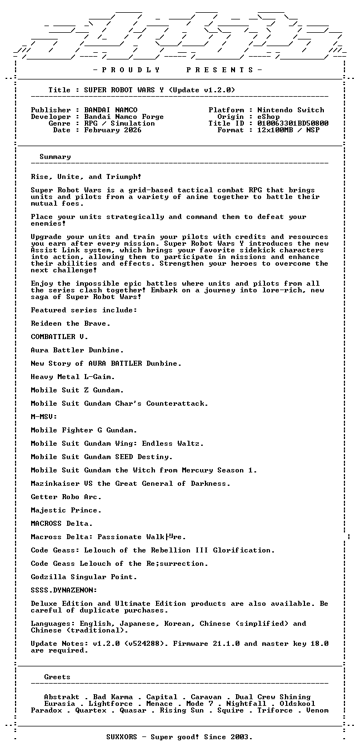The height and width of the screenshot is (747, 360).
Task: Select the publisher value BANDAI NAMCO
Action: [111, 110]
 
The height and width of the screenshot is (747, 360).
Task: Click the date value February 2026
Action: [113, 130]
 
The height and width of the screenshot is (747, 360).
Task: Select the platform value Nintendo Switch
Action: [291, 110]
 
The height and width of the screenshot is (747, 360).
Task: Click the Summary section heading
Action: [55, 157]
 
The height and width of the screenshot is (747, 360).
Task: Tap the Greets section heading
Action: [57, 677]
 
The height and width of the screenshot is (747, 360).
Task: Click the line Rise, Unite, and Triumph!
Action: [86, 177]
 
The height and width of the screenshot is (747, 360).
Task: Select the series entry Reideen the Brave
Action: [71, 323]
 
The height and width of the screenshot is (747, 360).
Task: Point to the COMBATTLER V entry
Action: [59, 337]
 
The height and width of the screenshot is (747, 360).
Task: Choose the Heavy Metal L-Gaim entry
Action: [73, 377]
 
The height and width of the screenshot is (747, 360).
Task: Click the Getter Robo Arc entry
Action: [66, 497]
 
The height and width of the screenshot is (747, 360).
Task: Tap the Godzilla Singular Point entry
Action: [84, 577]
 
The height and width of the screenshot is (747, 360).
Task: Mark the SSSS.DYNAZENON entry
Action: [64, 590]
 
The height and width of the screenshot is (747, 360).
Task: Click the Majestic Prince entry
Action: [66, 510]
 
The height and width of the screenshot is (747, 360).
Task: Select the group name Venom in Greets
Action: [317, 710]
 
